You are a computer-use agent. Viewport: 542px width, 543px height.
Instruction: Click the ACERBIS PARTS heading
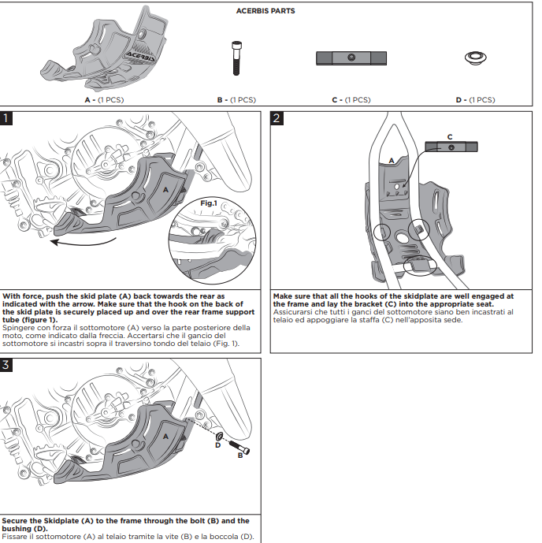click(x=265, y=12)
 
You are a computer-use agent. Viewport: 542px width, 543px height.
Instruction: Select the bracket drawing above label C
click(x=351, y=58)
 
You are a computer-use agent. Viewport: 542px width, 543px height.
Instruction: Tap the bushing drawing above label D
click(x=474, y=58)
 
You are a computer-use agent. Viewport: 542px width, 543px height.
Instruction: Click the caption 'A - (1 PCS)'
click(x=104, y=100)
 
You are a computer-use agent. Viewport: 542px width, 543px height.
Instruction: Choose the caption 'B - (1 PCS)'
click(x=236, y=100)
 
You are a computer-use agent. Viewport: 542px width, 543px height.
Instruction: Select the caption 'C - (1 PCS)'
click(x=351, y=100)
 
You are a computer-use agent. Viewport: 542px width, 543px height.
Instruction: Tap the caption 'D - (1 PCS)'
click(x=475, y=100)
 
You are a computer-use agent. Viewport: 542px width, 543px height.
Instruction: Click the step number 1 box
click(x=7, y=119)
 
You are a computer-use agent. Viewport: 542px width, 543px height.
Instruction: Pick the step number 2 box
click(x=277, y=119)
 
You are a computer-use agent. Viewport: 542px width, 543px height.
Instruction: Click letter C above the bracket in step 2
click(x=450, y=136)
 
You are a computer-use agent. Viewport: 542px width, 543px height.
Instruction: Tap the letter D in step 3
click(x=217, y=445)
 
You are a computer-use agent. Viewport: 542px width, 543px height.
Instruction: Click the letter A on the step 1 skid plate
click(x=165, y=189)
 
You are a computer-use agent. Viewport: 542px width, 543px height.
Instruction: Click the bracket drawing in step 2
click(x=451, y=147)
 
